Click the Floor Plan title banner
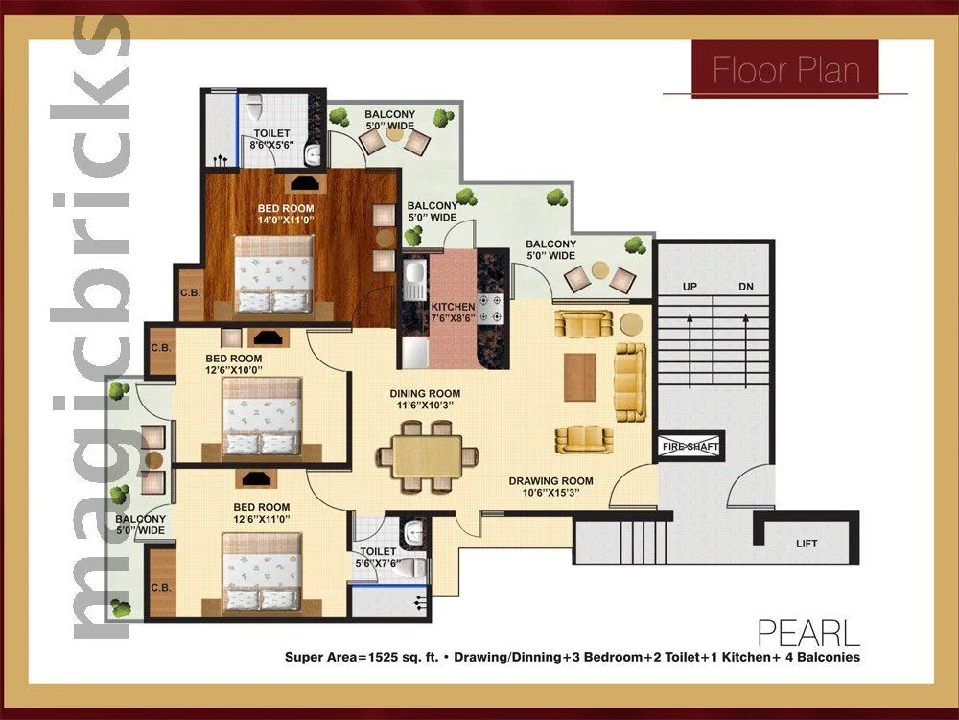785,69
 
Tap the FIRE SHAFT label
689,447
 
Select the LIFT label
807,544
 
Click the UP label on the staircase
689,287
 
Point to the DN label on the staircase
746,287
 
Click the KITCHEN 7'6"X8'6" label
453,313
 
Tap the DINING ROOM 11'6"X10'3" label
424,400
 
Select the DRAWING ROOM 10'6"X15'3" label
550,487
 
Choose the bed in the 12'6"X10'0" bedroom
261,415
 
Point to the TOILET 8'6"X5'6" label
271,140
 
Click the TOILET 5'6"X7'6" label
377,558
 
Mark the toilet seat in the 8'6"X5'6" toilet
254,105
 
